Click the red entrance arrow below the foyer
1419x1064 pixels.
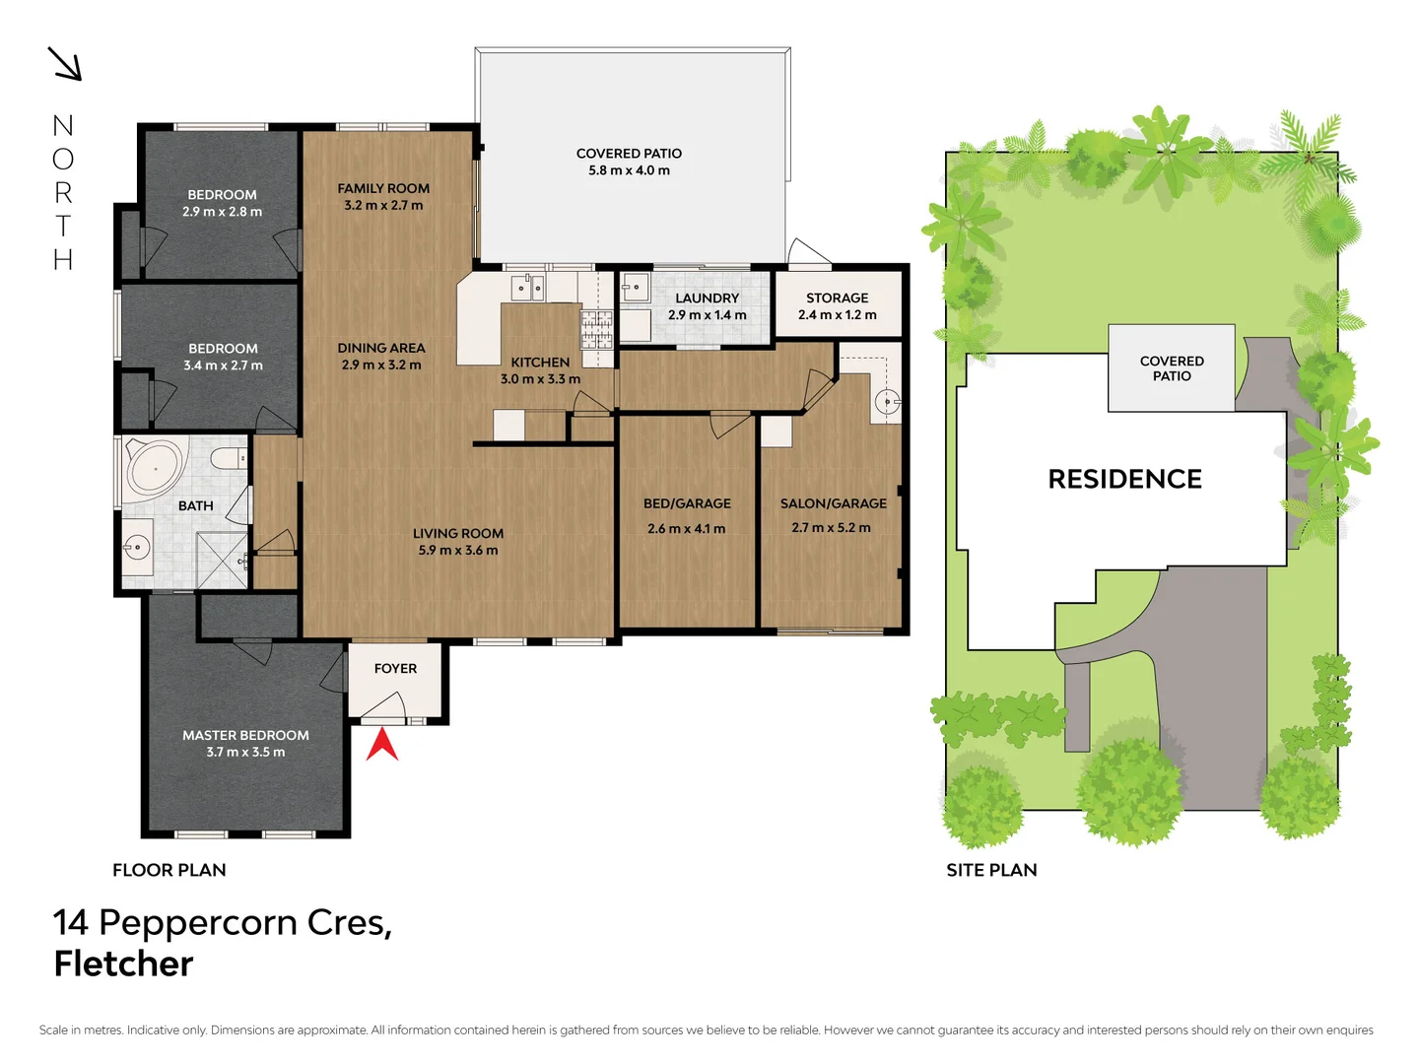(x=382, y=744)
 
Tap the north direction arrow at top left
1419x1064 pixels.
(x=65, y=64)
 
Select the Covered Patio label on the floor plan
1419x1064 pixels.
(x=629, y=154)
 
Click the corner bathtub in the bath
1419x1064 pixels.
(x=155, y=468)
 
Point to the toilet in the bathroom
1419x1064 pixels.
(x=228, y=459)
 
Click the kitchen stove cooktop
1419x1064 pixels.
(x=595, y=329)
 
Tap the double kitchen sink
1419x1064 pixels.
(x=527, y=288)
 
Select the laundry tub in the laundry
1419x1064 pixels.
(x=635, y=288)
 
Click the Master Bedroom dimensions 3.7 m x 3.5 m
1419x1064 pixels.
(x=245, y=752)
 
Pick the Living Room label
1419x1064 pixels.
(x=458, y=533)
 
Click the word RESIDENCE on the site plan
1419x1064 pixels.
(x=1124, y=479)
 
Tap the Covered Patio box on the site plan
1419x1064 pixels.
(x=1171, y=368)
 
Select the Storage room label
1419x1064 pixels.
(x=837, y=298)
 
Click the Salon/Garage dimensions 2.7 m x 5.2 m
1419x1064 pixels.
(x=831, y=527)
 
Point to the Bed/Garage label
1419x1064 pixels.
(x=687, y=503)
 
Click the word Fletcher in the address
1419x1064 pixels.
(x=124, y=964)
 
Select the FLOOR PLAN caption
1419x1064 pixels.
(x=169, y=870)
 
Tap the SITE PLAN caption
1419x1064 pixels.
(x=991, y=870)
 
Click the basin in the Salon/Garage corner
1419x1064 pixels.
(x=887, y=402)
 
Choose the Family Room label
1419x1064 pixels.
(x=383, y=188)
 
